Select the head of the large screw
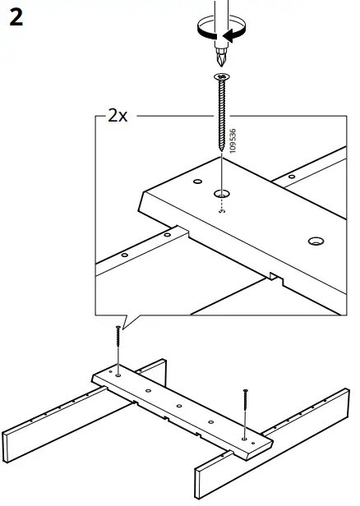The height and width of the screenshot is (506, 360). [x=222, y=78]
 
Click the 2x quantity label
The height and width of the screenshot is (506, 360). [x=118, y=116]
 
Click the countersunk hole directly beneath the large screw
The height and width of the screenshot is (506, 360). [x=222, y=195]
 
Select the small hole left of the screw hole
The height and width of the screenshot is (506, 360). [x=198, y=180]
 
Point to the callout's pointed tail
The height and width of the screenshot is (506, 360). [x=123, y=321]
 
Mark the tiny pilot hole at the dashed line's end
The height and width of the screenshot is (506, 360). [x=222, y=210]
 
